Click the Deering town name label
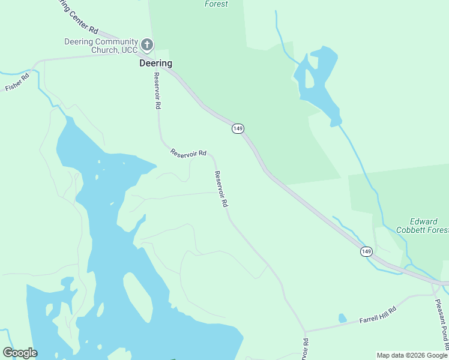coord(155,63)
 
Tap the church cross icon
coord(147,44)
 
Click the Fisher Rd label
coord(17,82)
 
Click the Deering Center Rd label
coord(77,16)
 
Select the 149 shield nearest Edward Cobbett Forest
coord(366,251)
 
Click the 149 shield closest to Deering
coord(238,128)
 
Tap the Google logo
coord(20,353)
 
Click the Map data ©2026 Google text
coord(412,355)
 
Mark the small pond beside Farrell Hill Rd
coord(342,318)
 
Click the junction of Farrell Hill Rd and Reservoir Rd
coord(305,331)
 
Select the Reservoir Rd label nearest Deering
coord(157,90)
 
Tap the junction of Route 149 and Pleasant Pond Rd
coord(433,282)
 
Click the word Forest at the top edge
coord(216,4)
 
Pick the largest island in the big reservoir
coord(138,294)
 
